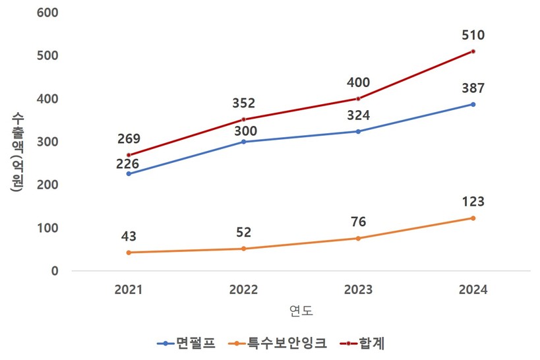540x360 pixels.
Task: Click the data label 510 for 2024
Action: coord(473,35)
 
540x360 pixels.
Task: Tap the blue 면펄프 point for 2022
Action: coord(244,142)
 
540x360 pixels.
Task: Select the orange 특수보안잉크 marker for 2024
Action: coord(473,218)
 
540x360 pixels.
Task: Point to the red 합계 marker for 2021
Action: coord(129,155)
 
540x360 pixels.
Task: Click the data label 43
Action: coord(129,235)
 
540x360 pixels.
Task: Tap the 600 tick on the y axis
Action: coord(49,13)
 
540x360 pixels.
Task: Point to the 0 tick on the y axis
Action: coord(55,271)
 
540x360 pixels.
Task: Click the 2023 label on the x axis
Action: coord(358,290)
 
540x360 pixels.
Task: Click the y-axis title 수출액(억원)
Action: coord(17,152)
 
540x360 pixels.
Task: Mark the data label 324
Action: coord(358,115)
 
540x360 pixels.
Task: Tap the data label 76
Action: coord(358,222)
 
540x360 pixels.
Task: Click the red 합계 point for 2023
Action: coord(358,99)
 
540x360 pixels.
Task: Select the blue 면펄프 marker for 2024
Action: coord(473,104)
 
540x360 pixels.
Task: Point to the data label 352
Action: coord(244,103)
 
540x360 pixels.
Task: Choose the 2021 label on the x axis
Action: coord(129,290)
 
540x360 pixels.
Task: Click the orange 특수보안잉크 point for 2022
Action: coord(244,249)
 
